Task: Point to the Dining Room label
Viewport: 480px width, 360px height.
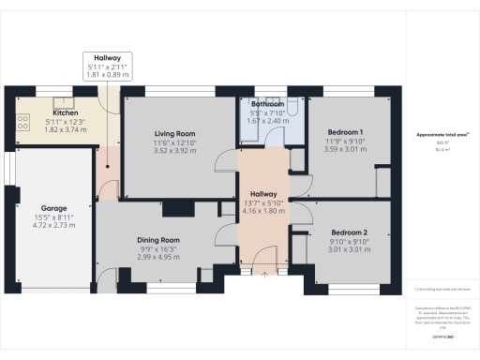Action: point(157,241)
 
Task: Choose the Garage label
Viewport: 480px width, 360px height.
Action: point(52,208)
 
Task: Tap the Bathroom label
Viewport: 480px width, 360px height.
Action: point(267,104)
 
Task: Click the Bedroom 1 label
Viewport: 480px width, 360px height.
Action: point(342,132)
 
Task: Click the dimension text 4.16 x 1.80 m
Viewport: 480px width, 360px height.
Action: point(263,212)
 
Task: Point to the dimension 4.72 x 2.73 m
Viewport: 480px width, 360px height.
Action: point(52,225)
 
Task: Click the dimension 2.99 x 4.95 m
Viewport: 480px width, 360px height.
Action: point(157,257)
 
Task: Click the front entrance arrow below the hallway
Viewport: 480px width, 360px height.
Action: point(263,275)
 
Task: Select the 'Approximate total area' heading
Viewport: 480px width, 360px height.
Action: point(442,136)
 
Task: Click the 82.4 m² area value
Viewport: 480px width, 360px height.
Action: point(442,149)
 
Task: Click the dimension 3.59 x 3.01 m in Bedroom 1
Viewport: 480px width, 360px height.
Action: point(342,147)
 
